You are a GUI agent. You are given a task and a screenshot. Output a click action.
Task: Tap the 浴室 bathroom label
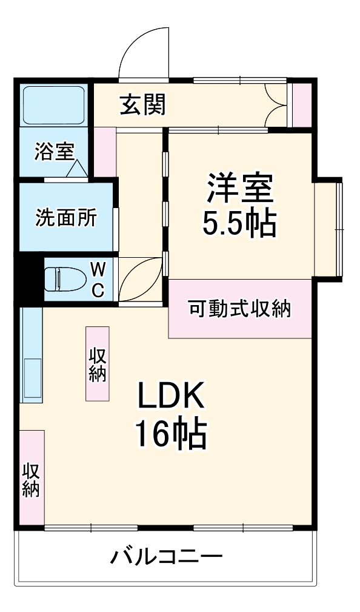(55, 152)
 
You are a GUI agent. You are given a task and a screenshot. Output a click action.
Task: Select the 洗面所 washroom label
(65, 218)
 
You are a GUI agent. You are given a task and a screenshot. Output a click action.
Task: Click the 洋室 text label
(240, 187)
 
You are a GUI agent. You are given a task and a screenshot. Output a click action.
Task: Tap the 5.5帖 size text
(239, 224)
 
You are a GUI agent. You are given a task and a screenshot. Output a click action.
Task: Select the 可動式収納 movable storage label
(239, 309)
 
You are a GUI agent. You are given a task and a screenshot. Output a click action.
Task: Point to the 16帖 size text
(171, 433)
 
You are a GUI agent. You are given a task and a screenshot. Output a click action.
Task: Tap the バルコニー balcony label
(166, 556)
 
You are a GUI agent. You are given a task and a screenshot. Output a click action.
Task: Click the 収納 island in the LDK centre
(98, 364)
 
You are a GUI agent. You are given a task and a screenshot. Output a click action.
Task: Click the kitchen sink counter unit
(32, 355)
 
